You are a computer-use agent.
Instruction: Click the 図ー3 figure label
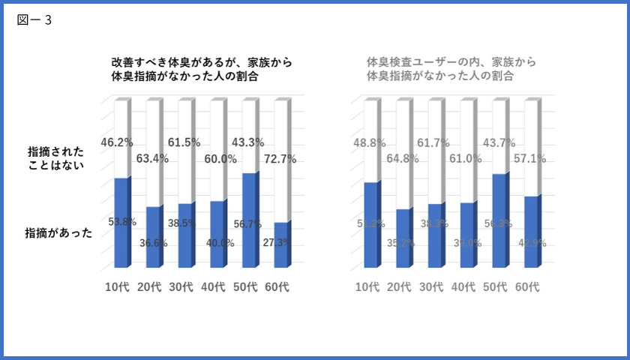point(34,20)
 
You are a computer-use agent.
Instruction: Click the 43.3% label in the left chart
point(249,141)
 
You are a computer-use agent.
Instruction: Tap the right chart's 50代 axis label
point(496,287)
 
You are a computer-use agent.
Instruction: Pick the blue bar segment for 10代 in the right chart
point(370,225)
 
